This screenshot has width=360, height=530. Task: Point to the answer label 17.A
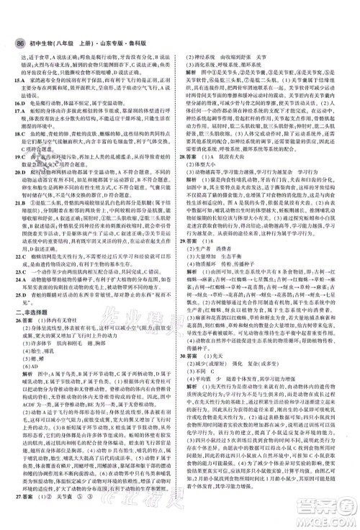pyautogui.click(x=20, y=113)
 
